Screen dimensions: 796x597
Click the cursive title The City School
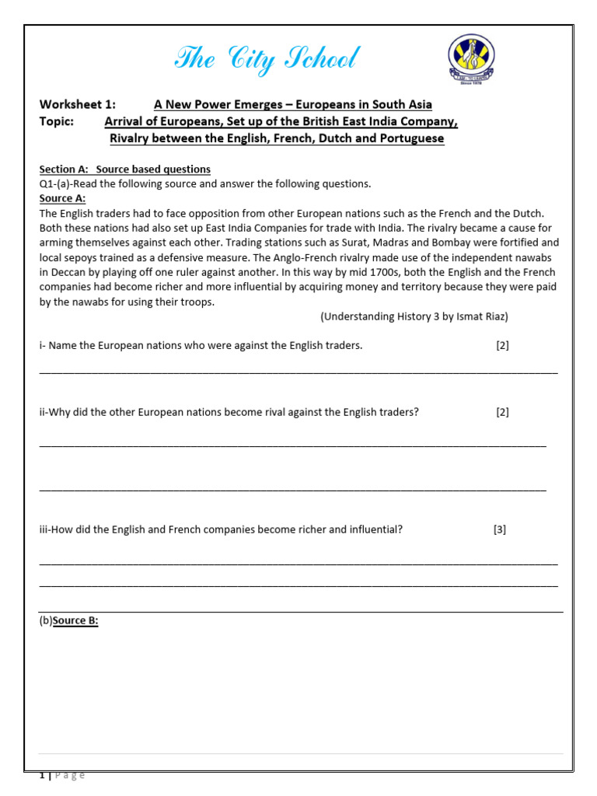tap(267, 60)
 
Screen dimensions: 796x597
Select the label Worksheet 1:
tap(77, 104)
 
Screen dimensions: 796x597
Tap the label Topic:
tap(57, 121)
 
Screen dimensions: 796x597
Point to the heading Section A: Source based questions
tap(124, 169)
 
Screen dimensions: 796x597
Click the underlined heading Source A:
tap(62, 198)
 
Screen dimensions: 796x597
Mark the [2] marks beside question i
tap(502, 345)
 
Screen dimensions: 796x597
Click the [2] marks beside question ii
tap(502, 412)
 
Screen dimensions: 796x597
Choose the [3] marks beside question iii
tap(499, 529)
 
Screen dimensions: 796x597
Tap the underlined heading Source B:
tap(75, 622)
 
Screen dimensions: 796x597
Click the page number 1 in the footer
tap(42, 775)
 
